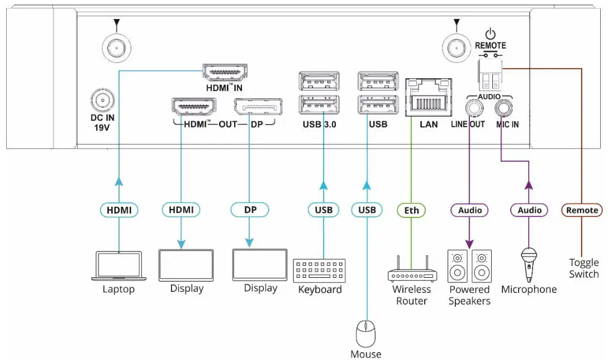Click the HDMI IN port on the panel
pyautogui.click(x=225, y=73)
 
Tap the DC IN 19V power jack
pyautogui.click(x=102, y=101)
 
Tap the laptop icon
pyautogui.click(x=118, y=266)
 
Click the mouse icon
pyautogui.click(x=367, y=334)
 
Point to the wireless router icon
pyautogui.click(x=412, y=270)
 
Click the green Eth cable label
pyautogui.click(x=411, y=210)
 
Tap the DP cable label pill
pyautogui.click(x=250, y=210)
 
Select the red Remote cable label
pyautogui.click(x=582, y=210)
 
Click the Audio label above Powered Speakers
pyautogui.click(x=469, y=210)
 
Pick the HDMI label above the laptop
pyautogui.click(x=119, y=210)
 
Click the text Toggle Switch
pyautogui.click(x=583, y=268)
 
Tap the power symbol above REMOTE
pyautogui.click(x=490, y=34)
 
